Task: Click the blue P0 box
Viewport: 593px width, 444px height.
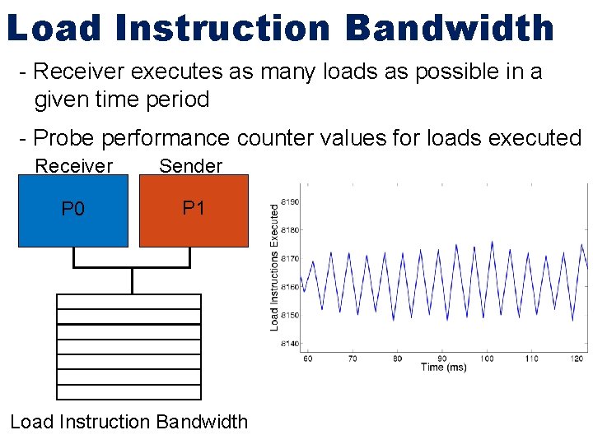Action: point(73,210)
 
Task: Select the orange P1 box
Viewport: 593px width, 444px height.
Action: point(194,209)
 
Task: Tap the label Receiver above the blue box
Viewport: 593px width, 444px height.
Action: point(73,166)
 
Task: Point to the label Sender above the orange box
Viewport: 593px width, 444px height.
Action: point(190,166)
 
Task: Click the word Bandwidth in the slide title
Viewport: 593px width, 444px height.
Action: point(450,28)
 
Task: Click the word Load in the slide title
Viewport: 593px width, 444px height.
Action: point(55,28)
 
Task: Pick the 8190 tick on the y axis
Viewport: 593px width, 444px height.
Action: point(290,201)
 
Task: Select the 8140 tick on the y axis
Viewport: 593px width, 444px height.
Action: point(290,344)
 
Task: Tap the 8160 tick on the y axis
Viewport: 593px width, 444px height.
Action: point(290,287)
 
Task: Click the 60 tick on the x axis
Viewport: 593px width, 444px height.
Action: point(308,358)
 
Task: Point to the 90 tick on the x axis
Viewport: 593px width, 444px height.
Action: point(442,358)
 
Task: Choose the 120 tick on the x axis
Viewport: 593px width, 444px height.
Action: point(577,358)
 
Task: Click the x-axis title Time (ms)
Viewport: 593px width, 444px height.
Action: point(443,368)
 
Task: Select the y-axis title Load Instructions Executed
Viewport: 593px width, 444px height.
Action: point(275,268)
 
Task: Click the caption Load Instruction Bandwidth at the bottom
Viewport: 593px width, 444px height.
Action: point(128,422)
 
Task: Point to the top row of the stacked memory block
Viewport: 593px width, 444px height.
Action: point(128,301)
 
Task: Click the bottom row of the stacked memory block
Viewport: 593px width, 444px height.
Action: point(128,391)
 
